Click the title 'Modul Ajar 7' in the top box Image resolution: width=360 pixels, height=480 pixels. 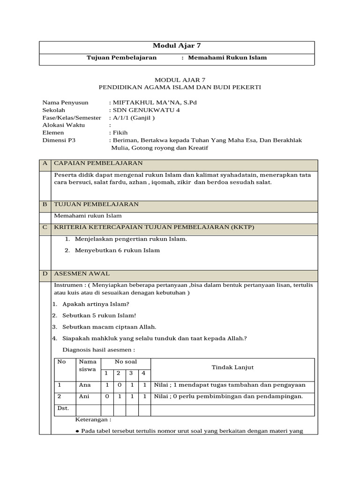(x=177, y=45)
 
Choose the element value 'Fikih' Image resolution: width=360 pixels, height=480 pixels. (x=120, y=133)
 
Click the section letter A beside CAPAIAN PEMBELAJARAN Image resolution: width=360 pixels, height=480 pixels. (x=45, y=163)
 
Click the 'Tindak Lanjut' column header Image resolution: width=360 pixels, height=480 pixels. (x=232, y=367)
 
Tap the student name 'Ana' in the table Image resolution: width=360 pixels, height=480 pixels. (x=84, y=385)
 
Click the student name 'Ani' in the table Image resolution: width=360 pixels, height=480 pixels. (x=84, y=397)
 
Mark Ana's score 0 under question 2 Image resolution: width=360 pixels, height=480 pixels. (x=119, y=385)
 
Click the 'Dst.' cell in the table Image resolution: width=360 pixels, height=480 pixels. (x=63, y=408)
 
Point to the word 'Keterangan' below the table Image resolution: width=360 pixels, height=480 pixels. (x=93, y=420)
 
